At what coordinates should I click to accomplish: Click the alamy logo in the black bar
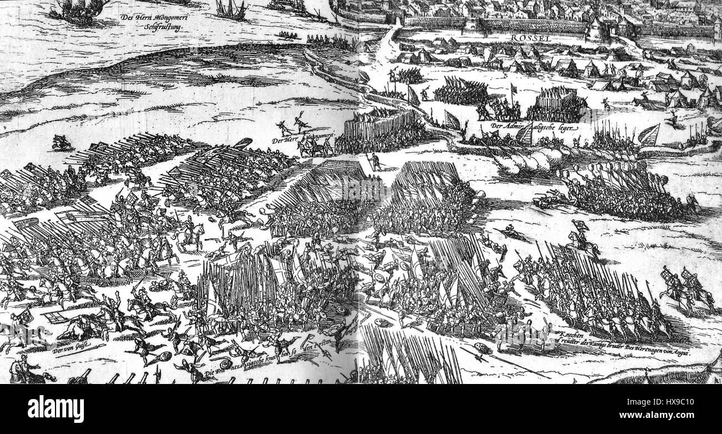[56, 409]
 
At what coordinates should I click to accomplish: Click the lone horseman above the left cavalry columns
[61, 143]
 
